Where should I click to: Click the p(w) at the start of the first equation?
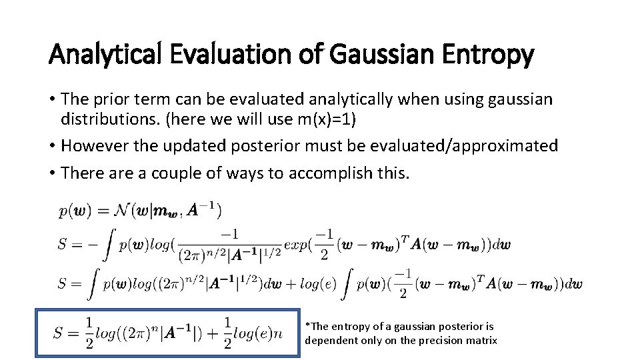point(72,211)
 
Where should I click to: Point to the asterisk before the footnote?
point(307,326)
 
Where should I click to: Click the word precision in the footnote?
point(439,341)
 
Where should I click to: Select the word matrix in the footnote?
point(481,341)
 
